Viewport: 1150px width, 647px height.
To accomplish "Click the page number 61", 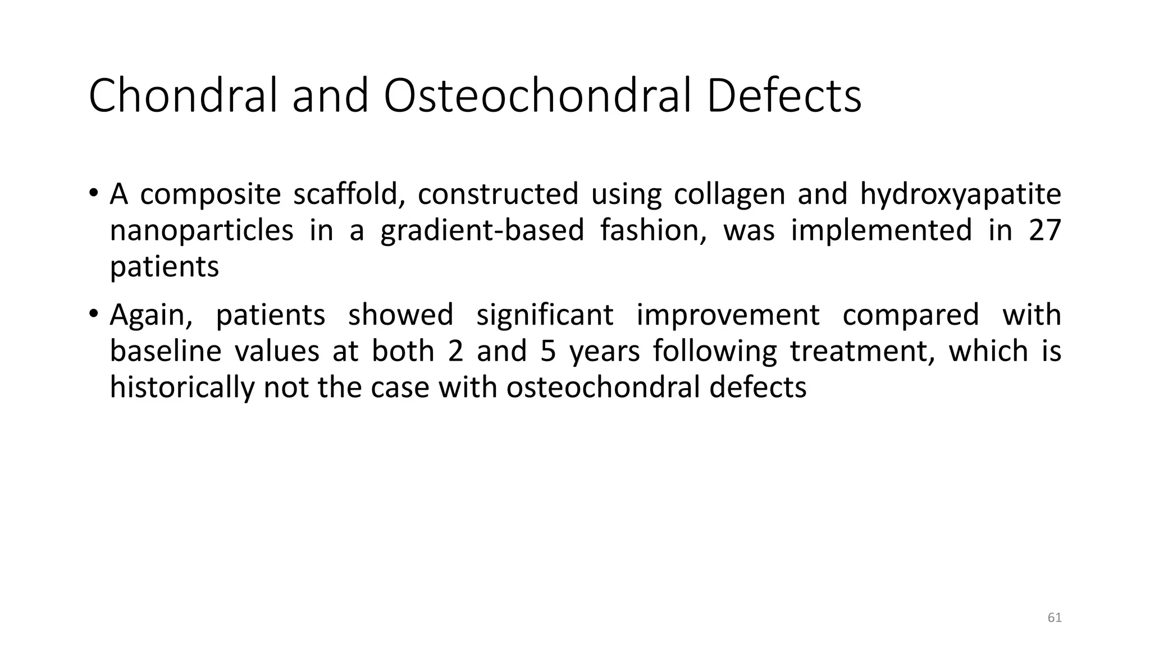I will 1055,618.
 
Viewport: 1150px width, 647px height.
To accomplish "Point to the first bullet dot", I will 93,194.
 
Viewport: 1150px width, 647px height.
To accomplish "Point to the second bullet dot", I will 93,315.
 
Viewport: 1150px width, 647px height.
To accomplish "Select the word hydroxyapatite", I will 960,194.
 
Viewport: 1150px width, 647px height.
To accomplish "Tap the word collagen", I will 729,194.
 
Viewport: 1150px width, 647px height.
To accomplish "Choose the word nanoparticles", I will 201,230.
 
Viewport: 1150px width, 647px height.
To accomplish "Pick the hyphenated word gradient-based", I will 482,230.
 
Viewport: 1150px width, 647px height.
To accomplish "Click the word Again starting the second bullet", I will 150,315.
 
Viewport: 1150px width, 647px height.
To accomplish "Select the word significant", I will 545,315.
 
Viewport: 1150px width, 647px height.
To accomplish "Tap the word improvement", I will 728,315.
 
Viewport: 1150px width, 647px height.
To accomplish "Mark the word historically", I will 181,388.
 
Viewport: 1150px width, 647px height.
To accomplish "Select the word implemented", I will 881,230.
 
